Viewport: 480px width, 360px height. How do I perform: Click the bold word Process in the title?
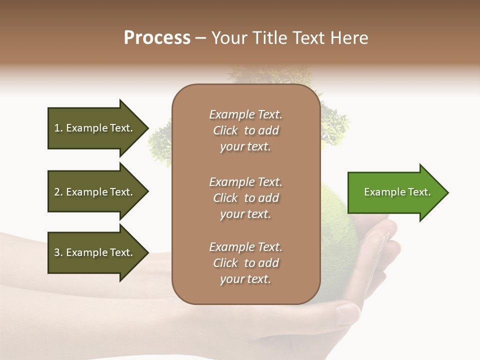tap(157, 38)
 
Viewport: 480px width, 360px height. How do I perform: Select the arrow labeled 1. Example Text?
tap(95, 128)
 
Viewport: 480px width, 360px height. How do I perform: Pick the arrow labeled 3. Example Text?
tap(95, 252)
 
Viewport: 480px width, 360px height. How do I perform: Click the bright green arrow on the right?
tap(395, 192)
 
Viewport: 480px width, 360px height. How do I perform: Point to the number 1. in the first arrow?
tap(58, 128)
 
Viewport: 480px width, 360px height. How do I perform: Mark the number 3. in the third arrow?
tap(58, 252)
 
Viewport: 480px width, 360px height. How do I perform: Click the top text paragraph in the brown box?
tap(245, 130)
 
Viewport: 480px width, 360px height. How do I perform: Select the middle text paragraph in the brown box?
tap(245, 198)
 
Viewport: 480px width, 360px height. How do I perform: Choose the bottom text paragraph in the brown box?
tap(245, 263)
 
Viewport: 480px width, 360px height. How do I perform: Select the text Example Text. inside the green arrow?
tap(397, 192)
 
